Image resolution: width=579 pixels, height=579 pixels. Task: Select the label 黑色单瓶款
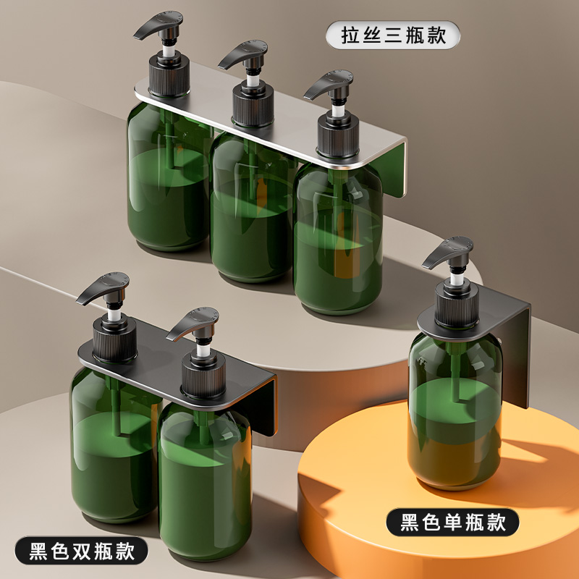452,521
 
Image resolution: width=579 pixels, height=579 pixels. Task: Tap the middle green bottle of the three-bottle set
250,210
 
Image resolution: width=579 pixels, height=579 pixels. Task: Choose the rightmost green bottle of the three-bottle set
337,239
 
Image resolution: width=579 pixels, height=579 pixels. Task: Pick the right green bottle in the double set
205,470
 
